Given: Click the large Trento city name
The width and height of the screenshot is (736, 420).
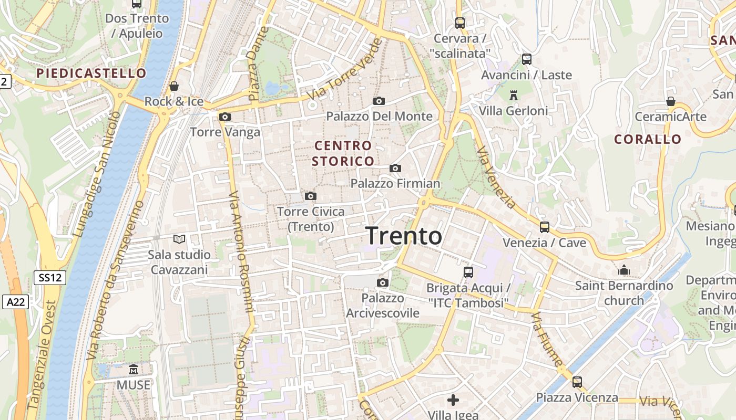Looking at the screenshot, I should click(x=404, y=236).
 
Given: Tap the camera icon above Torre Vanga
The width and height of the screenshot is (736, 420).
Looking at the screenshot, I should click(x=225, y=117).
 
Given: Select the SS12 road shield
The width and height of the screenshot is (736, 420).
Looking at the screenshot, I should click(x=50, y=278).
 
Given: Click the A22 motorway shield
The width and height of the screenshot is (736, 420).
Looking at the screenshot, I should click(x=16, y=302).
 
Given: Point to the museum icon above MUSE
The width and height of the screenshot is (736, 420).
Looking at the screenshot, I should click(x=134, y=370).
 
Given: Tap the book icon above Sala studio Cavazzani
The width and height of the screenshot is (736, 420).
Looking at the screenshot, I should click(x=179, y=239).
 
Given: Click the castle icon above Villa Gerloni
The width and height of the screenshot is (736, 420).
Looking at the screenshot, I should click(x=514, y=95).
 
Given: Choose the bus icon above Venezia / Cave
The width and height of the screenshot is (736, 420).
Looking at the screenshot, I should click(x=545, y=227).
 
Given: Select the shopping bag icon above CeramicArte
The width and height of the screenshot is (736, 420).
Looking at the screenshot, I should click(x=671, y=101).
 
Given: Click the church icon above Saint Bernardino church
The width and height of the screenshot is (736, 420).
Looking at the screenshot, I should click(x=624, y=270).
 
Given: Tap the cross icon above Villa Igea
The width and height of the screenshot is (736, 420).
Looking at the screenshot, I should click(x=453, y=400).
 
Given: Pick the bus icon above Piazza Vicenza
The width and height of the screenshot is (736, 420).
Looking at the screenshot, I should click(x=577, y=382).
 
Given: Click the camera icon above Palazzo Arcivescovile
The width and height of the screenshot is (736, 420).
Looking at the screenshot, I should click(x=383, y=283).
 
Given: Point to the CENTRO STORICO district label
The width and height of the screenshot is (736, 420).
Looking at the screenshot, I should click(x=343, y=153).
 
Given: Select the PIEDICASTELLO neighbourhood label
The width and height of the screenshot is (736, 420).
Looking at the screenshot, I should click(x=91, y=73).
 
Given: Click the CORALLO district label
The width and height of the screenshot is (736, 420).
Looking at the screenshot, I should click(x=648, y=139).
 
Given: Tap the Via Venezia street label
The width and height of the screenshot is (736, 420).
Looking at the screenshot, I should click(x=496, y=177).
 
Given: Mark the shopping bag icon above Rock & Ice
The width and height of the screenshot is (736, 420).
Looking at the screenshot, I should click(x=174, y=86).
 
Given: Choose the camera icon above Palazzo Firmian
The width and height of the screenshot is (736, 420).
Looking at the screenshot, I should click(x=395, y=168).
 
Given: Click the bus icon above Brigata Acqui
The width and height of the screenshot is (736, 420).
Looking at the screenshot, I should click(x=468, y=272).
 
